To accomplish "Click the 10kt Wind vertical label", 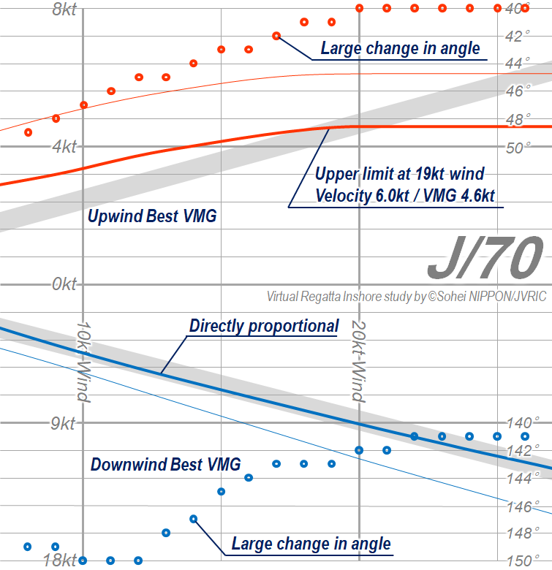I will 83,362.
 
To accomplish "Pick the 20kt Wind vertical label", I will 357,362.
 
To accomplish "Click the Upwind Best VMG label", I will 152,217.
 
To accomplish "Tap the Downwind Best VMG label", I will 165,465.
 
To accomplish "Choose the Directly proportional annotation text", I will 264,326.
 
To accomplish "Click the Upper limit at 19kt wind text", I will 399,175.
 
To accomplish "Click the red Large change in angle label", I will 400,49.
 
